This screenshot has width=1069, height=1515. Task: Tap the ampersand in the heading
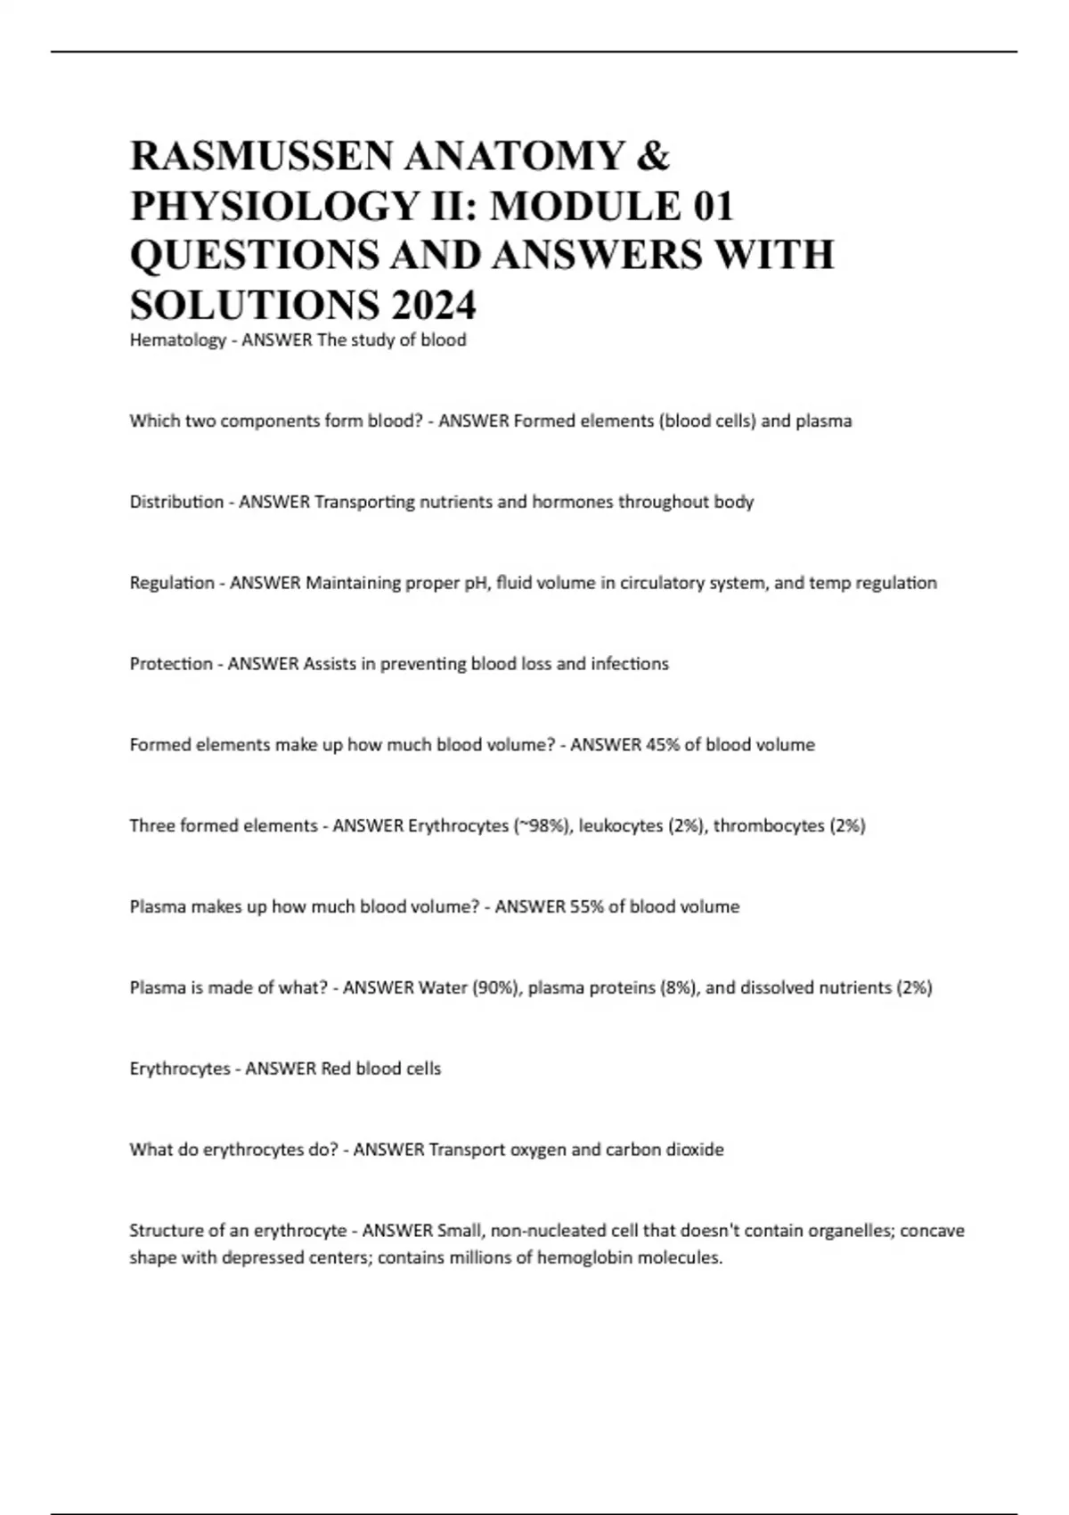[655, 157]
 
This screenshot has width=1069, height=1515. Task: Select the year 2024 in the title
[433, 306]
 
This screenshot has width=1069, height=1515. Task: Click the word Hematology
[177, 340]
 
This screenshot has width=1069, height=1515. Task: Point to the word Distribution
[176, 502]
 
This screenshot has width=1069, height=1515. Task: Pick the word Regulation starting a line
[172, 583]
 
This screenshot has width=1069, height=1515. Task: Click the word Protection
[171, 664]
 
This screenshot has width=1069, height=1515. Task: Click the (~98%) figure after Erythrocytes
[542, 826]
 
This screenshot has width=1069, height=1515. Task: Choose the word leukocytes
[620, 826]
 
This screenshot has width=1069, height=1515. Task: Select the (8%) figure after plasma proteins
[679, 988]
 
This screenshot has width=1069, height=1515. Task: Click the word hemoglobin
[583, 1258]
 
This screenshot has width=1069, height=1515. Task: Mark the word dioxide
[694, 1150]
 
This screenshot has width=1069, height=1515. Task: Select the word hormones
[572, 502]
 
